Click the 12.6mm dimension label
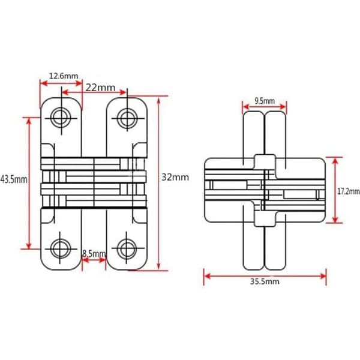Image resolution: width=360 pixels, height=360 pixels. (64, 76)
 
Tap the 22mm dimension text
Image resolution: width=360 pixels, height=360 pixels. (101, 88)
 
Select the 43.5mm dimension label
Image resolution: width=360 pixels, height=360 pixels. (14, 179)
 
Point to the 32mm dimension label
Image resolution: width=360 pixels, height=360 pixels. (175, 177)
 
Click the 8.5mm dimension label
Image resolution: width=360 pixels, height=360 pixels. (94, 254)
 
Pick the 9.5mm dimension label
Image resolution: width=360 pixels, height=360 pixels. (265, 101)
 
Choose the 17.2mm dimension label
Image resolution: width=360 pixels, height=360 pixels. (348, 191)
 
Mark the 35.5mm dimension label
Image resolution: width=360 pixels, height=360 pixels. (265, 281)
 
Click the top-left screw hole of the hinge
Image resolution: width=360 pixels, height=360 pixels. (61, 118)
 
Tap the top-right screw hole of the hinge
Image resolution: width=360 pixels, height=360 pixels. (127, 118)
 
